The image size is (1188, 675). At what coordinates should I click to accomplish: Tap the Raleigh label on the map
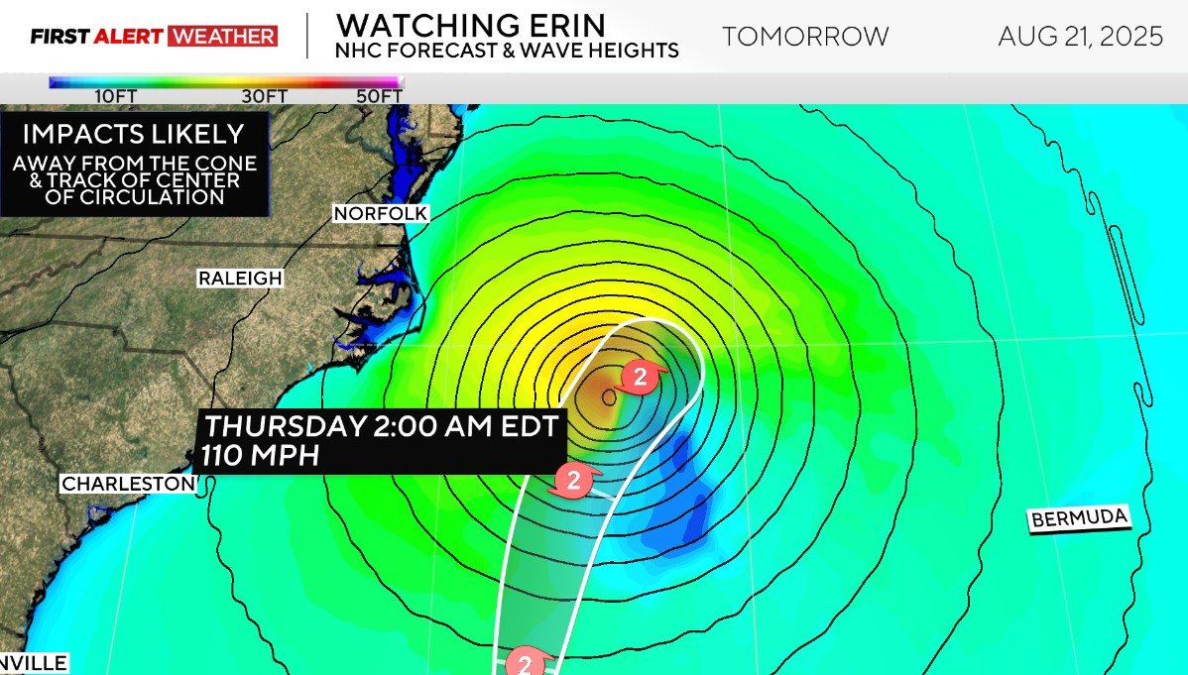pyautogui.click(x=240, y=279)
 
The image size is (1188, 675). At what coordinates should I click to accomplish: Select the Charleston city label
pyautogui.click(x=128, y=484)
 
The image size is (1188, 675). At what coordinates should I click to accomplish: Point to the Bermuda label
pyautogui.click(x=1079, y=518)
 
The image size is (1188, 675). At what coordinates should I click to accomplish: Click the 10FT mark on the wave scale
pyautogui.click(x=115, y=96)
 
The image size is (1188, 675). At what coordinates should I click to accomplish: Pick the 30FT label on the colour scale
pyautogui.click(x=263, y=96)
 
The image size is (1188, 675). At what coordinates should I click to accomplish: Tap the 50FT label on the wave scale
pyautogui.click(x=379, y=96)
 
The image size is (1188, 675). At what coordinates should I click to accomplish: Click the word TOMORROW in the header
pyautogui.click(x=805, y=37)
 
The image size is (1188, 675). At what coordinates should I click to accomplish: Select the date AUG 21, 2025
pyautogui.click(x=1080, y=37)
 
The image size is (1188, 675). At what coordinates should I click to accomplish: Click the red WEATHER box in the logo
pyautogui.click(x=223, y=37)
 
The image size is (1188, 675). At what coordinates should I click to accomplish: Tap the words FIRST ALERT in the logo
pyautogui.click(x=97, y=37)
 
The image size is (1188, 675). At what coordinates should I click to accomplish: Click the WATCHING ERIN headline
pyautogui.click(x=470, y=24)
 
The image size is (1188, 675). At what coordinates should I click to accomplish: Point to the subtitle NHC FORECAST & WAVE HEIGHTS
pyautogui.click(x=507, y=50)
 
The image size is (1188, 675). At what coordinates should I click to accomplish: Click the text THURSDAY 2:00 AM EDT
pyautogui.click(x=383, y=427)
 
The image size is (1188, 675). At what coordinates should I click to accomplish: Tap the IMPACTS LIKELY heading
pyautogui.click(x=133, y=134)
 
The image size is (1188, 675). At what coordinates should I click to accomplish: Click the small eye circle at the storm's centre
pyautogui.click(x=609, y=396)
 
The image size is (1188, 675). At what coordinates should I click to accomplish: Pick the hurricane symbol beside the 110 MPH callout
pyautogui.click(x=572, y=481)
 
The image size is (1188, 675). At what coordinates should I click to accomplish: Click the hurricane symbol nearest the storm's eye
pyautogui.click(x=640, y=377)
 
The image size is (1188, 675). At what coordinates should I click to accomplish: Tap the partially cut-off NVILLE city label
pyautogui.click(x=34, y=662)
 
